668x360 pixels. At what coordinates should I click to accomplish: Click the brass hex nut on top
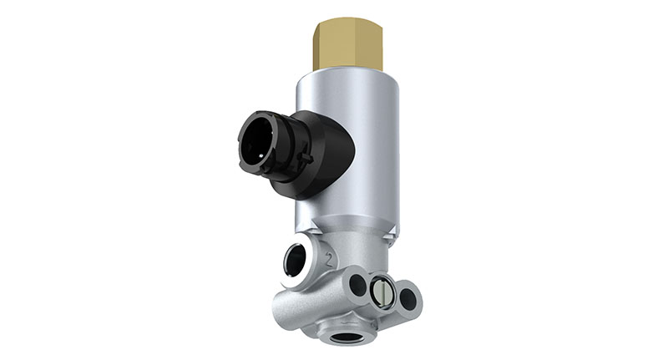[x=348, y=46]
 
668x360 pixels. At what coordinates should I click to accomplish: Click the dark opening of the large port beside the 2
[x=295, y=261]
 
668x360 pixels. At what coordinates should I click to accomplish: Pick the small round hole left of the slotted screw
[x=357, y=285]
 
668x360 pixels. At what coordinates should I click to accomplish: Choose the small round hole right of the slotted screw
[x=407, y=297]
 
